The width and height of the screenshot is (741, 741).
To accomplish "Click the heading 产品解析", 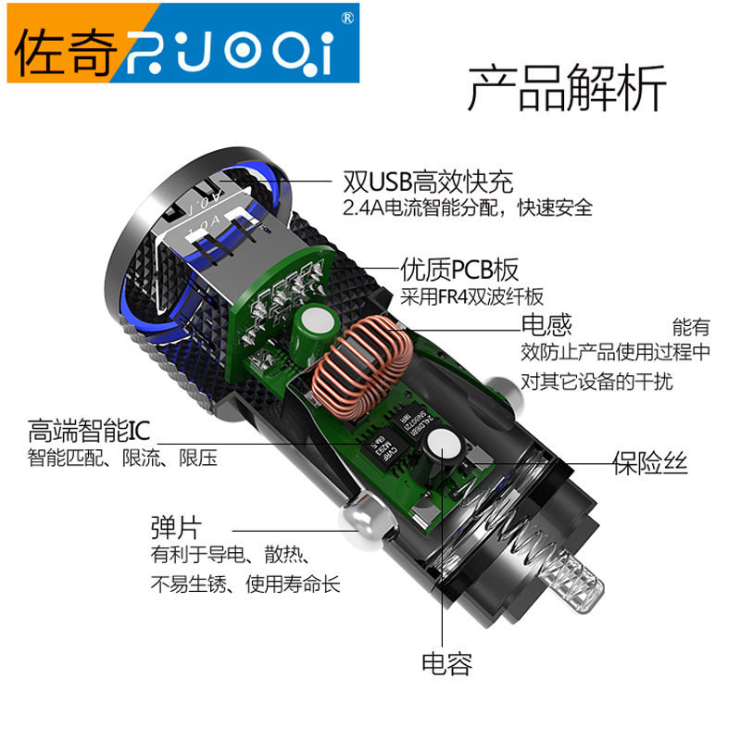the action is (567, 88).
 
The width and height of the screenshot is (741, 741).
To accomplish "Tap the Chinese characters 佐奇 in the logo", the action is (65, 53).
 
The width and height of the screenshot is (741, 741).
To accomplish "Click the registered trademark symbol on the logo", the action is (347, 18).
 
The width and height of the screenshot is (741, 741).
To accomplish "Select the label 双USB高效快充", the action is (428, 182).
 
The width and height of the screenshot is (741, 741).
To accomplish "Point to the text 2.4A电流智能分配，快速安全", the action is (468, 207).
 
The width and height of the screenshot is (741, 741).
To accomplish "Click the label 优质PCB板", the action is (459, 270).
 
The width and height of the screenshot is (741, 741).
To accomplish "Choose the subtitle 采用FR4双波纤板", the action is (471, 296).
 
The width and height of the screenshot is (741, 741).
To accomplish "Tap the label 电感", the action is (546, 325).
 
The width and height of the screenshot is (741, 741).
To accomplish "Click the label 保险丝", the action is (650, 462).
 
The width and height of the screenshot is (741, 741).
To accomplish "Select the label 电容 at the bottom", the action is (446, 664).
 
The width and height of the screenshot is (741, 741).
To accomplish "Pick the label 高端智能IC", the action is (89, 430).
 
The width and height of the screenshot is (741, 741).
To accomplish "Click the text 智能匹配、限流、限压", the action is (122, 458).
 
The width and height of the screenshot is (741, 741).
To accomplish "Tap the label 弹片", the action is (176, 527).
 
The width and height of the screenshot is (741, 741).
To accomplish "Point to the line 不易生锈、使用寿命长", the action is (245, 584).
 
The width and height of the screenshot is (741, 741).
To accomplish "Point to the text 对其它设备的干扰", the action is (597, 382).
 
